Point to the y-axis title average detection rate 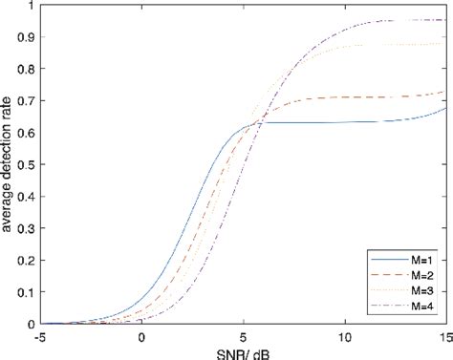10,167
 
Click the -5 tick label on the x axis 40,337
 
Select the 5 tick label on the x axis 244,337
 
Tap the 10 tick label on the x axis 344,337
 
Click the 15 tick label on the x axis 444,337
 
